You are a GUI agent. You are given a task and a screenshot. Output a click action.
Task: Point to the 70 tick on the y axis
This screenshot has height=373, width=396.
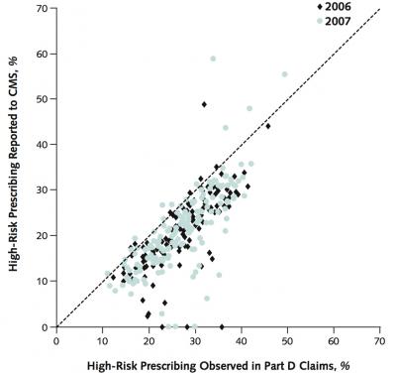[44, 8]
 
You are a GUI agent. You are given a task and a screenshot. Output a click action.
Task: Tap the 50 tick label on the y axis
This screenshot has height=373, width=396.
[44, 99]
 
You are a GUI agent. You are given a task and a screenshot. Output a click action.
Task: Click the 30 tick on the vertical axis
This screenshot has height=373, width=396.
[44, 190]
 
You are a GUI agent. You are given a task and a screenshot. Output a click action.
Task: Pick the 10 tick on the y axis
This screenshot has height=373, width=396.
[44, 282]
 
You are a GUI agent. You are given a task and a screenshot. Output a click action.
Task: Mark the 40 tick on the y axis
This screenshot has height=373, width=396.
[44, 145]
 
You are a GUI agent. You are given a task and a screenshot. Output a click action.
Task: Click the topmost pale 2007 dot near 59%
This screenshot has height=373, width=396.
[213, 59]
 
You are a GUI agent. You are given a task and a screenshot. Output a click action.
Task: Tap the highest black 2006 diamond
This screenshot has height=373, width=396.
[204, 104]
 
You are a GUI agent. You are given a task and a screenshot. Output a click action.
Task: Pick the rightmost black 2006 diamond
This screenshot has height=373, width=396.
[267, 126]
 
